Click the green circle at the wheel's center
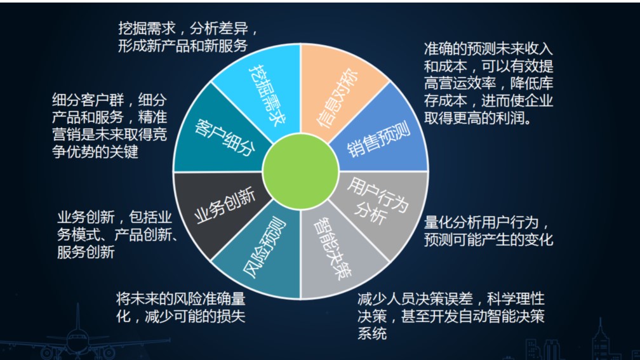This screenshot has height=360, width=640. click(x=301, y=172)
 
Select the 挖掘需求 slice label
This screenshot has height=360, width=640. click(x=267, y=94)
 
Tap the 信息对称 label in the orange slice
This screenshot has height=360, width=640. click(x=337, y=98)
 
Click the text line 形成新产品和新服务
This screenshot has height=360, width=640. click(x=183, y=45)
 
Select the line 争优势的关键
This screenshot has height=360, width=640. click(x=95, y=151)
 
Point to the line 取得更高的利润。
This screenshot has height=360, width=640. click(x=478, y=118)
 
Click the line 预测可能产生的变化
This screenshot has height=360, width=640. click(x=488, y=239)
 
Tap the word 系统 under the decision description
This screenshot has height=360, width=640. click(x=372, y=333)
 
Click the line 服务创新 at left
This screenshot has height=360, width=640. click(x=86, y=252)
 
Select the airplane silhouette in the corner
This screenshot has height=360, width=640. click(x=77, y=335)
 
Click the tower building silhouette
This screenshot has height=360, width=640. click(x=601, y=339)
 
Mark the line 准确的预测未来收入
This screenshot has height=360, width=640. click(x=488, y=48)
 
